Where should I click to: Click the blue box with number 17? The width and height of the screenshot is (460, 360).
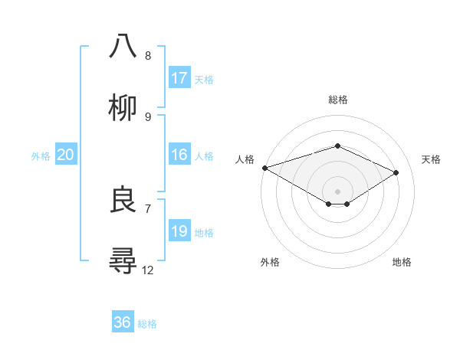179,78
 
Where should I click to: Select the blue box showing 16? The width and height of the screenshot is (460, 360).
179,155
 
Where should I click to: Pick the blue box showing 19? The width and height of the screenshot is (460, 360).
179,231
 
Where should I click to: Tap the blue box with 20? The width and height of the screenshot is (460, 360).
65,155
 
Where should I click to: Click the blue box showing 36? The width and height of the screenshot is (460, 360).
123,322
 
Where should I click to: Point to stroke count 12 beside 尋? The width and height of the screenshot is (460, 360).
148,270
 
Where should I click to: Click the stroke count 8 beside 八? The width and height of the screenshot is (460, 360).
148,55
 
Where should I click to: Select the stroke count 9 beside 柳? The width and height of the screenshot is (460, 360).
148,116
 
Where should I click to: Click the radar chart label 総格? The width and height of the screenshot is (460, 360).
338,100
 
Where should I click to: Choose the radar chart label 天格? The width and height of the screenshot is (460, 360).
431,159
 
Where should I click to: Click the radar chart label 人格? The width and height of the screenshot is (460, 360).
245,159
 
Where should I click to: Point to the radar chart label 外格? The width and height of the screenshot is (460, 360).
270,262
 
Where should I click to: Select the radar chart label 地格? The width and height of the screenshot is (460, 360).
402,262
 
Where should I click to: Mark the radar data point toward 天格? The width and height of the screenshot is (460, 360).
396,172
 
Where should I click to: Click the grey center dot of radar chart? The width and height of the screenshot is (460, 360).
337,191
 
